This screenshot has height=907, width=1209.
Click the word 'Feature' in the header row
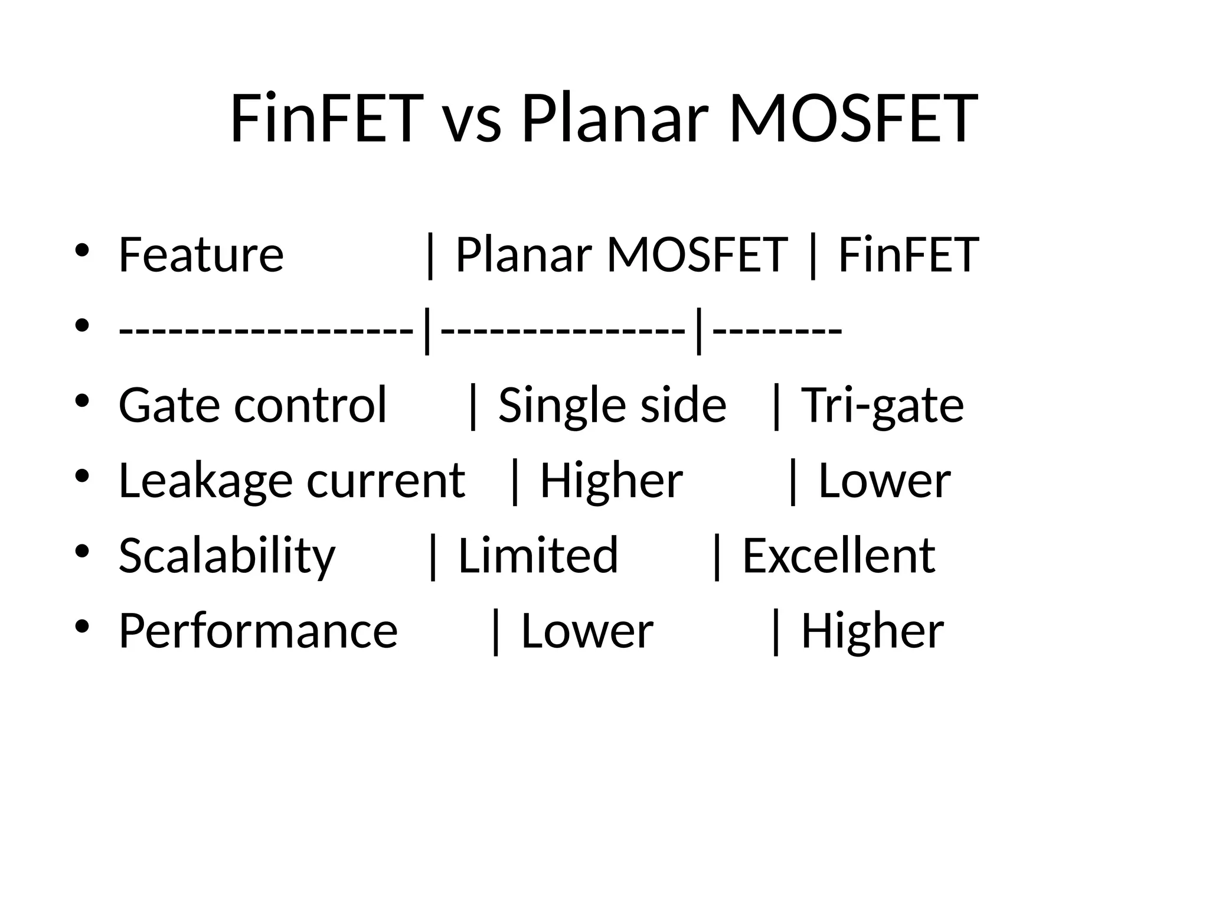pyautogui.click(x=201, y=255)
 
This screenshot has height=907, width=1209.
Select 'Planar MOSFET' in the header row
pyautogui.click(x=622, y=255)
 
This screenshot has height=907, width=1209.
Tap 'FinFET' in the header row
pyautogui.click(x=909, y=255)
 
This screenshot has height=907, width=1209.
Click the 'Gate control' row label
pyautogui.click(x=253, y=405)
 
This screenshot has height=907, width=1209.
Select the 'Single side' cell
pyautogui.click(x=612, y=405)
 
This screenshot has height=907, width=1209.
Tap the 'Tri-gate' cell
pyautogui.click(x=883, y=405)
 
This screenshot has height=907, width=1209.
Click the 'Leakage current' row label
pyautogui.click(x=292, y=480)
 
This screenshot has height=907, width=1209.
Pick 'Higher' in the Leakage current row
pyautogui.click(x=612, y=480)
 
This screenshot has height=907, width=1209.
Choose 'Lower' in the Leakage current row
pyautogui.click(x=884, y=480)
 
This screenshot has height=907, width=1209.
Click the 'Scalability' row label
pyautogui.click(x=227, y=556)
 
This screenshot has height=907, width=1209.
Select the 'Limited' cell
pyautogui.click(x=538, y=556)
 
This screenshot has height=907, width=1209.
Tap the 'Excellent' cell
pyautogui.click(x=838, y=556)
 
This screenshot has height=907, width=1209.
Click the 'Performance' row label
pyautogui.click(x=259, y=631)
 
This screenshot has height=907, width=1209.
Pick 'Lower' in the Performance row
pyautogui.click(x=587, y=631)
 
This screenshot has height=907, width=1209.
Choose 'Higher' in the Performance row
pyautogui.click(x=872, y=631)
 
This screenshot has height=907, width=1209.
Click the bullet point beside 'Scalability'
pyautogui.click(x=82, y=552)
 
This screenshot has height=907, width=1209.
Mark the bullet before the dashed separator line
pyautogui.click(x=82, y=325)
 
